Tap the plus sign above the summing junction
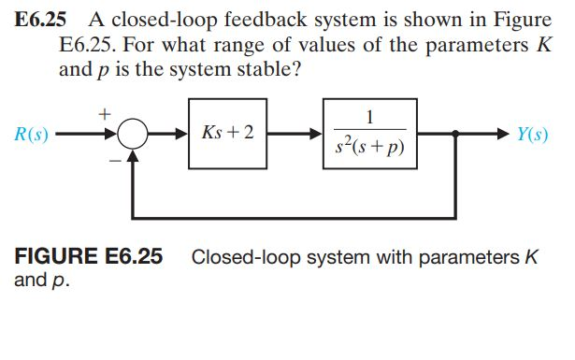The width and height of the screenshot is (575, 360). (105, 112)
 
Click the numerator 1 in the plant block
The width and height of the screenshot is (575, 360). (371, 117)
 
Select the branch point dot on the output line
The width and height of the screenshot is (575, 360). (455, 135)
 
